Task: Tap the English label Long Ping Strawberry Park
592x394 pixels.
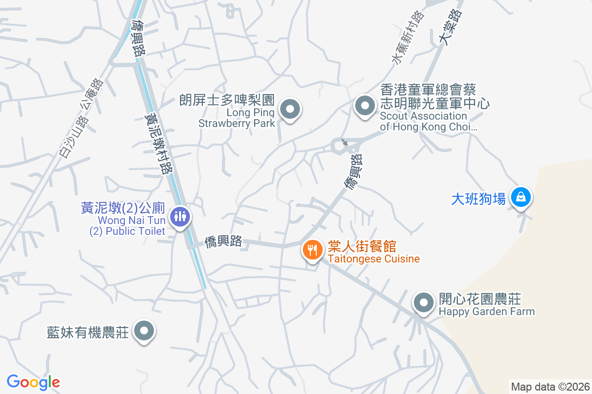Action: pos(236,118)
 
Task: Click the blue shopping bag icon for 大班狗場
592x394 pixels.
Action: pos(520,198)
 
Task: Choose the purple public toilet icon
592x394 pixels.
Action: pos(179,216)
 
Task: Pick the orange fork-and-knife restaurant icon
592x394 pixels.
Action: pos(312,250)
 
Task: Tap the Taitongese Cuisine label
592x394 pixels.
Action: pos(373,259)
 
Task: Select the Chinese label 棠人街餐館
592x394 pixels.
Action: pos(362,246)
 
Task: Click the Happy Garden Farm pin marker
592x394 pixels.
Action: pos(423,302)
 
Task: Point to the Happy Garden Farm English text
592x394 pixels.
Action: pos(486,311)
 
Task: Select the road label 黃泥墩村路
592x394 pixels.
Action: pos(159,142)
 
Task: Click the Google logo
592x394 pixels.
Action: pos(33,382)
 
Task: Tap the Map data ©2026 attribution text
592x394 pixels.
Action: pos(550,387)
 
